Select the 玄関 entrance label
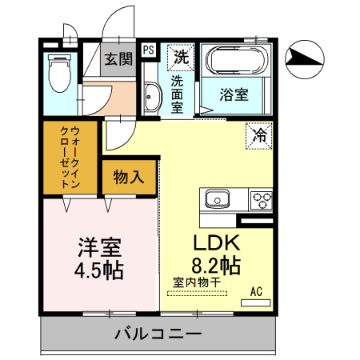(118, 59)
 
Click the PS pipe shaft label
(149, 50)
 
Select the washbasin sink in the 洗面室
(152, 99)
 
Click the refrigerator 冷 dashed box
(259, 134)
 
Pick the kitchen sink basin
(217, 198)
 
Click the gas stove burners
(261, 198)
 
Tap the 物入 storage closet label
(128, 177)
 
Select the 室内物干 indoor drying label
(195, 282)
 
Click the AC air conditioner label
(257, 291)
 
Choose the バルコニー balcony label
(157, 333)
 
